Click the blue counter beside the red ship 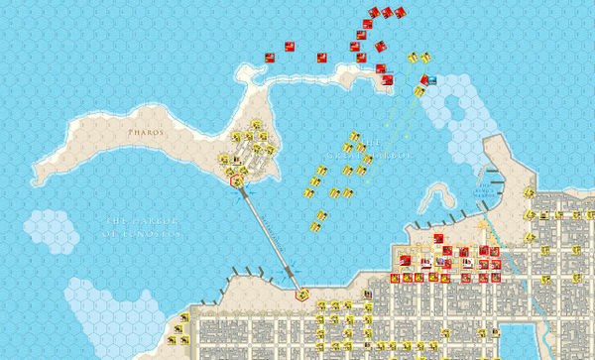pyautogui.click(x=429, y=79)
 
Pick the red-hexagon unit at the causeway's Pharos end pyautogui.click(x=237, y=180)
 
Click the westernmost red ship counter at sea pyautogui.click(x=268, y=58)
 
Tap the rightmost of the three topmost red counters pyautogui.click(x=400, y=12)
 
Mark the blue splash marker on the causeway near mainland pyautogui.click(x=295, y=268)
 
